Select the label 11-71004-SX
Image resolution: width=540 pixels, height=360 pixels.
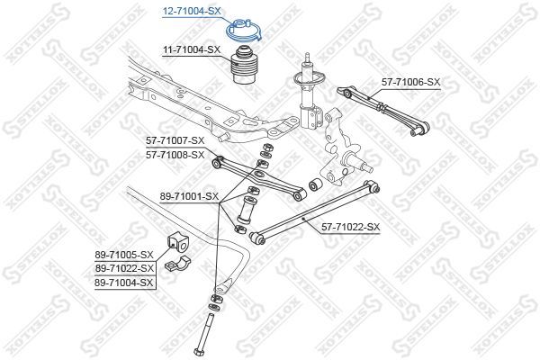(x=191, y=49)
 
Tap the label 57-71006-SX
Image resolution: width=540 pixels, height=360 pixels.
(x=410, y=82)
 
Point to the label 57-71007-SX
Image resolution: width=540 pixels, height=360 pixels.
(x=176, y=140)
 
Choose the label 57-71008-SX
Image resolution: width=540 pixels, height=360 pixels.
(x=176, y=154)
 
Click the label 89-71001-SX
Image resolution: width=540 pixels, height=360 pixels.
(x=188, y=195)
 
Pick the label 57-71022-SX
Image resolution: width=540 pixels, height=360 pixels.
(x=351, y=227)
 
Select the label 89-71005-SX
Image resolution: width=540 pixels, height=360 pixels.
(x=125, y=255)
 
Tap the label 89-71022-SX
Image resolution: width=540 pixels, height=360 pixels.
(x=125, y=268)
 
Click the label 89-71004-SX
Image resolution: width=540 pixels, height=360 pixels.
(x=125, y=283)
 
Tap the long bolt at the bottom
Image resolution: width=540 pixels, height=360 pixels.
(x=207, y=329)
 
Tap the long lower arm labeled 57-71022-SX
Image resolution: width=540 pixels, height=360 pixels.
(x=315, y=212)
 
